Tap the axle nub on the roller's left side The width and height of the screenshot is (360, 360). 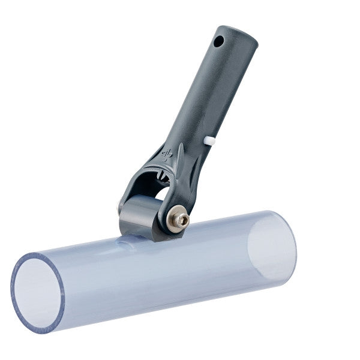[120, 208]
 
